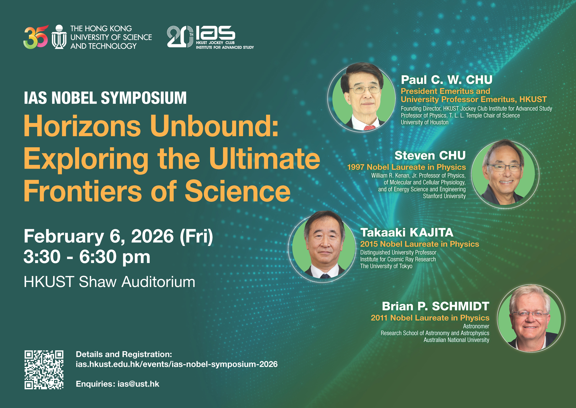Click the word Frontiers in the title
coord(83,191)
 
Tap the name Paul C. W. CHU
coord(447,80)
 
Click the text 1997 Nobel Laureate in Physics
coord(406,167)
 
